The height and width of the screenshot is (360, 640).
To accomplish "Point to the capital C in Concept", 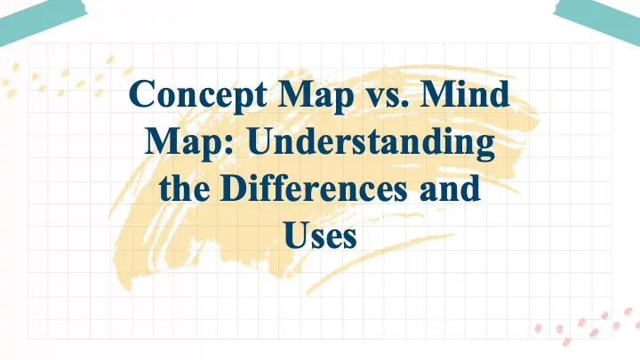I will click(x=140, y=94).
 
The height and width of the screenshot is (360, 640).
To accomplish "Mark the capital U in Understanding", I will click(x=250, y=143).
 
